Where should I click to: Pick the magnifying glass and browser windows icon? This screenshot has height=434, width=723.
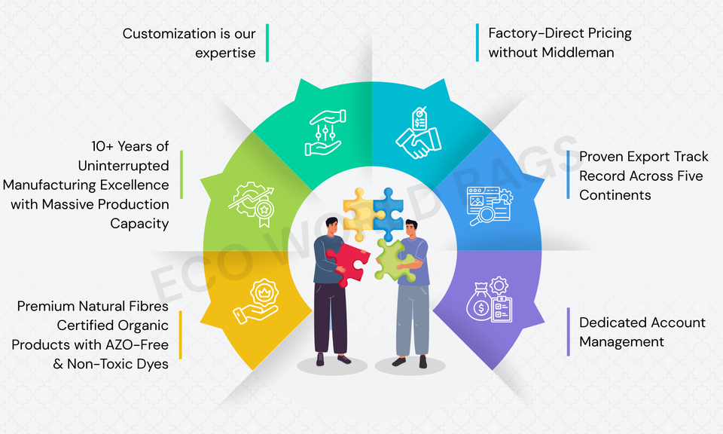pyautogui.click(x=489, y=205)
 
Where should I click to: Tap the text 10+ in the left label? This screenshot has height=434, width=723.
pyautogui.click(x=101, y=145)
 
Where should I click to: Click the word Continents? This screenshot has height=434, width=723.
pyautogui.click(x=615, y=194)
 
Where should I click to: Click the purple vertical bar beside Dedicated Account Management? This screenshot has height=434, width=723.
pyautogui.click(x=568, y=332)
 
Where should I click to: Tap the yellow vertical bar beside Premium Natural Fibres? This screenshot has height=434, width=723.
pyautogui.click(x=180, y=335)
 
